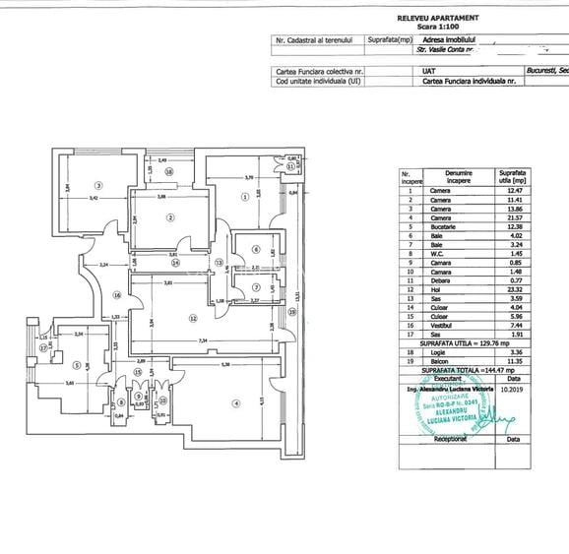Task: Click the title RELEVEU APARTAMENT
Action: (438, 18)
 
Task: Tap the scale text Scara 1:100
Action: (438, 26)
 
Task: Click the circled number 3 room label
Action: (98, 184)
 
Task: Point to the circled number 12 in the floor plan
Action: (194, 318)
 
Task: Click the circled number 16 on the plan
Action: (115, 294)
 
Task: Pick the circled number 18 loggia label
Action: (169, 171)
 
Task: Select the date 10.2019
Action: (512, 391)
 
